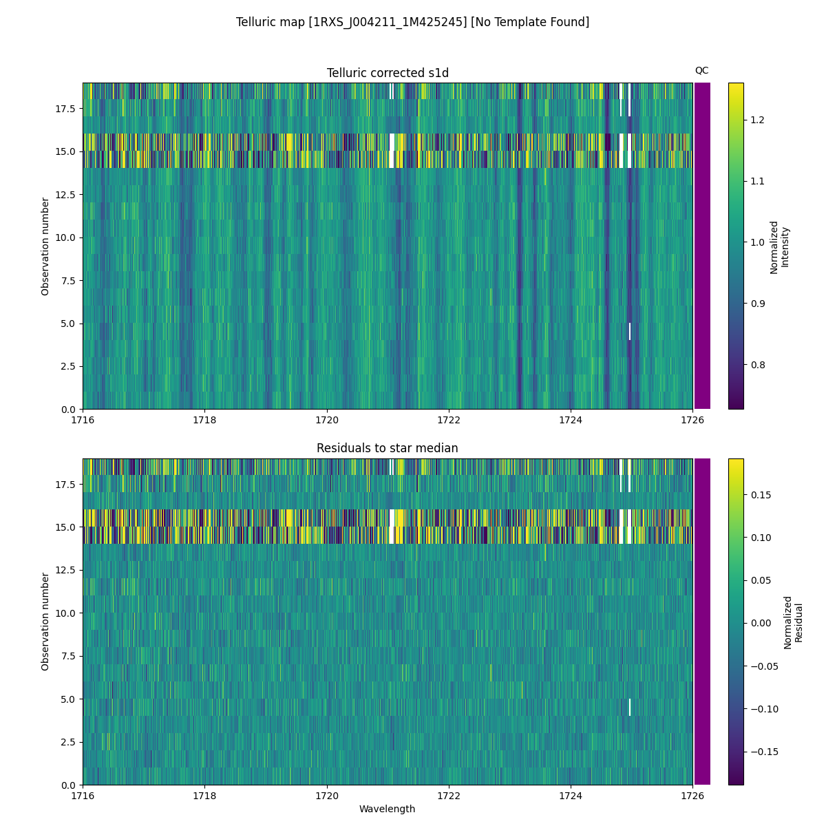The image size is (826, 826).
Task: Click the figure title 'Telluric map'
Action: (x=412, y=22)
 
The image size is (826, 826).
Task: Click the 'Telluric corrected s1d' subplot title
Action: (x=388, y=73)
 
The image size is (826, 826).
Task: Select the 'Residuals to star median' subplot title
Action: (x=388, y=448)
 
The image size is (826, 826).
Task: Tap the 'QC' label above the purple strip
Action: (x=701, y=70)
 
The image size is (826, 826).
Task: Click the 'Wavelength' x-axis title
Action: (x=388, y=809)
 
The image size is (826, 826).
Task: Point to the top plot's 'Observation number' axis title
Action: (x=45, y=246)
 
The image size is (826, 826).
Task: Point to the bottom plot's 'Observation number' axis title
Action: (x=45, y=622)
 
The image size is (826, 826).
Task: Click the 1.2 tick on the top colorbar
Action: (x=757, y=120)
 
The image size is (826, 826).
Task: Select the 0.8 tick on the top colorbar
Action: (x=757, y=365)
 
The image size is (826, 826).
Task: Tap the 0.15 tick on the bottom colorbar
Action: (x=760, y=495)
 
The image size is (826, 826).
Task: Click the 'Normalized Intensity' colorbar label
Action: (x=779, y=246)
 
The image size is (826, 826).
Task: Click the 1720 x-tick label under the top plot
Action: (x=327, y=420)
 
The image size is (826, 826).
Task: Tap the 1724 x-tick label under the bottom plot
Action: (x=571, y=795)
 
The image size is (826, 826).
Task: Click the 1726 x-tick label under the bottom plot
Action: (x=692, y=795)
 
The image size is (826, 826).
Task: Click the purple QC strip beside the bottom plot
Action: (x=702, y=622)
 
